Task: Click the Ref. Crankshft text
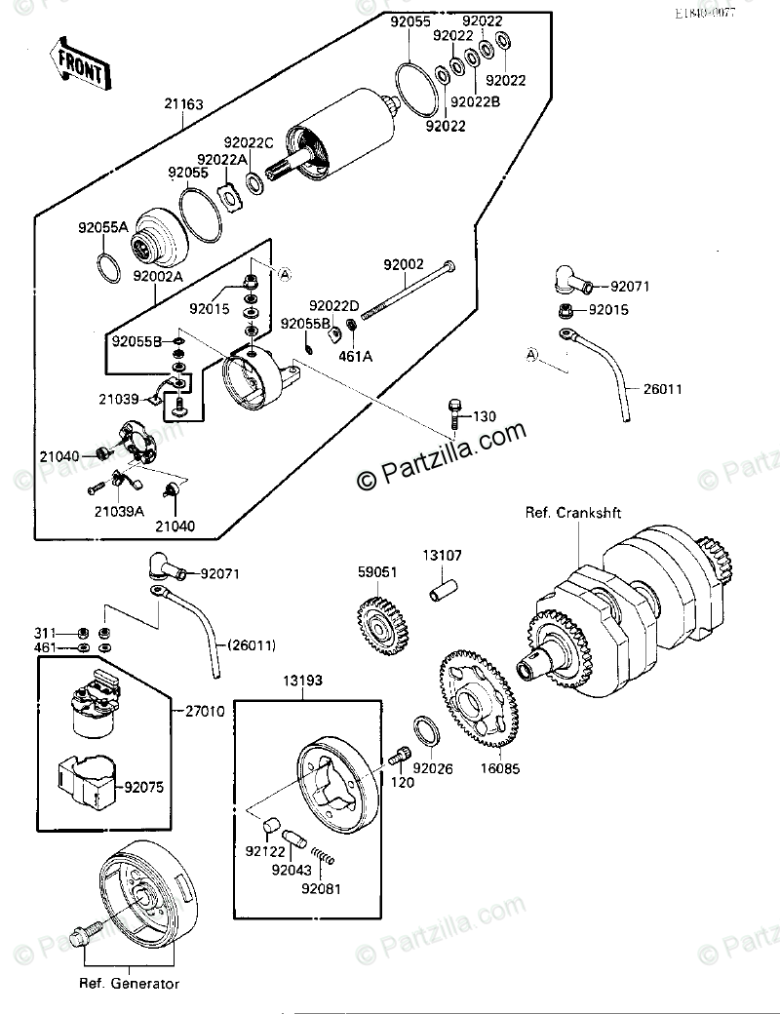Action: [573, 513]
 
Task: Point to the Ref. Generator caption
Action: [130, 984]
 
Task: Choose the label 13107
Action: [442, 556]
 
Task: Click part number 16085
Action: [500, 768]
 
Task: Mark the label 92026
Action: [432, 768]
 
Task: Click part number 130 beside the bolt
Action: [485, 416]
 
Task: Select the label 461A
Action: [356, 356]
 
